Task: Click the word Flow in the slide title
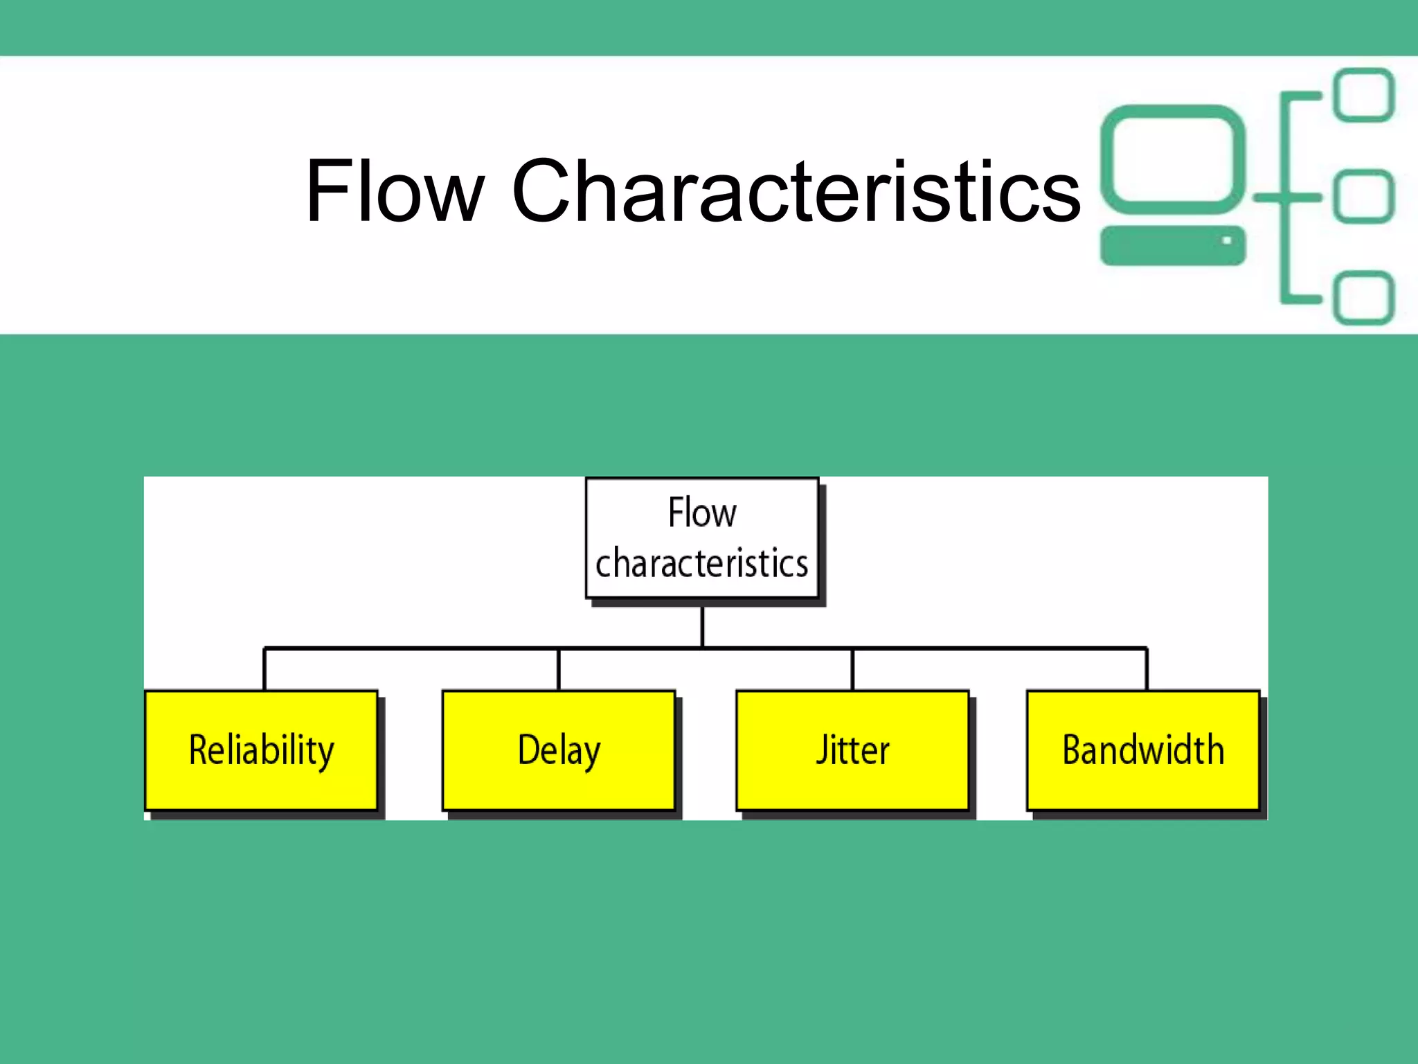395,190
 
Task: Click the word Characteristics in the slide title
796,190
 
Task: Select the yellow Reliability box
262,750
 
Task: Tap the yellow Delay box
559,750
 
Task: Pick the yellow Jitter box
852,750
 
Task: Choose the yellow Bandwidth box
1143,750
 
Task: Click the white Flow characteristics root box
702,538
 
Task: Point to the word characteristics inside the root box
702,563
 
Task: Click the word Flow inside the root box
702,513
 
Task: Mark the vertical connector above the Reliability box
264,669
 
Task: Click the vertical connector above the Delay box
559,669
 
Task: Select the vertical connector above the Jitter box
852,669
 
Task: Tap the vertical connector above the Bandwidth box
1147,669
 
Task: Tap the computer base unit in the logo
1163,245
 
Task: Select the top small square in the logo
1364,95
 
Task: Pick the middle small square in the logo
1364,196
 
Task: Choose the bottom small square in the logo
1364,298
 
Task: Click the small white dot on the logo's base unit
1226,240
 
